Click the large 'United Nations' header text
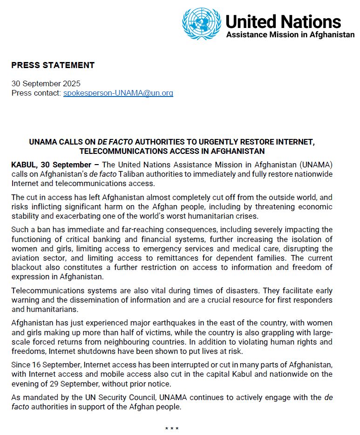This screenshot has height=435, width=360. (283, 21)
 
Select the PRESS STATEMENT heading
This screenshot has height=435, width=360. (53, 65)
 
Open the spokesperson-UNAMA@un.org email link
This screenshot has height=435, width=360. (118, 93)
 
